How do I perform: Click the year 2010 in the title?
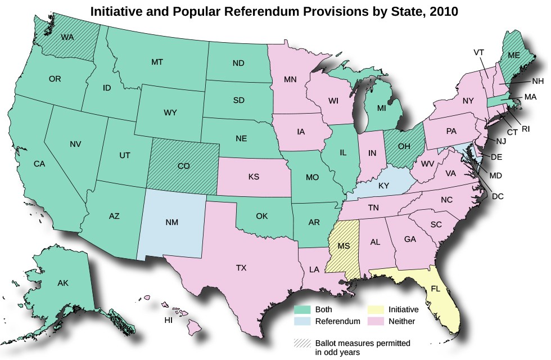tap(441, 11)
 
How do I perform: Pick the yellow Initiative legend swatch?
tap(375, 309)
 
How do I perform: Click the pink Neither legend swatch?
tap(375, 321)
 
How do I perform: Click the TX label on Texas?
tap(241, 268)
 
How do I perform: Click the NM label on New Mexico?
tap(172, 222)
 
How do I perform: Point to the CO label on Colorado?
tap(184, 166)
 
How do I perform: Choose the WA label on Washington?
tap(67, 38)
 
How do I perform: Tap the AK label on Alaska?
tap(63, 283)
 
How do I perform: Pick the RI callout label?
tap(525, 128)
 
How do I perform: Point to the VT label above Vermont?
tap(478, 52)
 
